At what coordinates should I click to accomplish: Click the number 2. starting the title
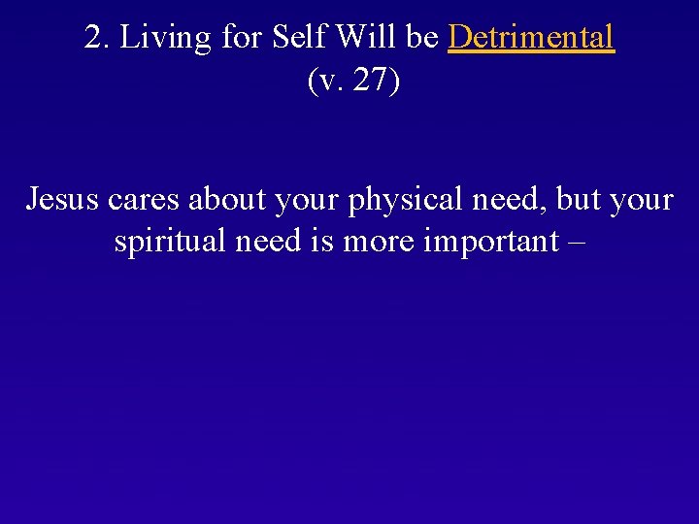(95, 38)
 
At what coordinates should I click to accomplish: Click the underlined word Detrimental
(531, 38)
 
